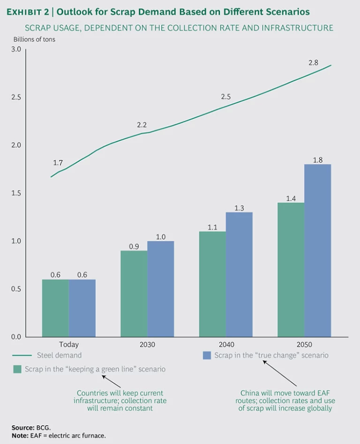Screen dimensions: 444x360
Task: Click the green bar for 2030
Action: [x=134, y=293]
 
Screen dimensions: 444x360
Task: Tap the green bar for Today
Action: [x=55, y=308]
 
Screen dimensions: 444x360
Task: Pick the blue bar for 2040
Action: [x=239, y=274]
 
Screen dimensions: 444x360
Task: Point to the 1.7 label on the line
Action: [x=58, y=163]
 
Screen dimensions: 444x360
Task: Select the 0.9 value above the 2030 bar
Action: [x=134, y=246]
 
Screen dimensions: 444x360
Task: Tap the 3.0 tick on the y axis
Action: [x=16, y=49]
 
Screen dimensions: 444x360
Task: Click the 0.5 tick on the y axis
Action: [x=16, y=289]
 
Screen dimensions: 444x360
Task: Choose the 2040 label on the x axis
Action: [x=226, y=345]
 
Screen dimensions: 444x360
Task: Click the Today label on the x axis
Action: [x=69, y=345]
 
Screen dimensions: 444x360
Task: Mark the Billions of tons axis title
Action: [x=34, y=39]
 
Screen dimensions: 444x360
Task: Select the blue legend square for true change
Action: [x=207, y=355]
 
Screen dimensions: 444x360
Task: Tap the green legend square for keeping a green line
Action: [x=17, y=369]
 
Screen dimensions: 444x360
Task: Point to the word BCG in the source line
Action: [x=42, y=428]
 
